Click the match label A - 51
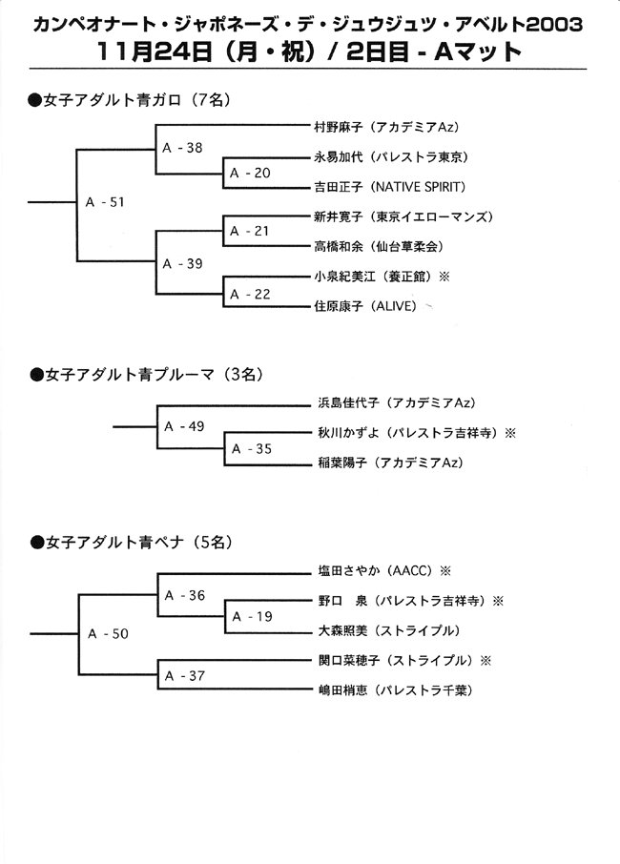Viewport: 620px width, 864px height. click(x=105, y=202)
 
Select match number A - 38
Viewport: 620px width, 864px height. click(x=182, y=148)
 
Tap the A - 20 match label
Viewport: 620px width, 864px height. click(x=250, y=173)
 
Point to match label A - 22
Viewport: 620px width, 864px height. click(x=250, y=295)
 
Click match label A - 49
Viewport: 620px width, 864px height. click(x=184, y=426)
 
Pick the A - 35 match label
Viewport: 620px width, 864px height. click(x=252, y=449)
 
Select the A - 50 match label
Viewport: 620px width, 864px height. click(x=108, y=633)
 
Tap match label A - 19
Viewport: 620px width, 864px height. click(x=252, y=617)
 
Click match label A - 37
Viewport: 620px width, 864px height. click(x=185, y=675)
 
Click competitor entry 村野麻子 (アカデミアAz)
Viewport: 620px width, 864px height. click(x=387, y=127)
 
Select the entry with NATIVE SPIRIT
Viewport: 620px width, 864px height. click(x=390, y=187)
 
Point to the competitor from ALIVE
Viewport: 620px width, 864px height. click(x=366, y=306)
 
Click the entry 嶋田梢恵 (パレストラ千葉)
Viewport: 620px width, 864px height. click(x=396, y=690)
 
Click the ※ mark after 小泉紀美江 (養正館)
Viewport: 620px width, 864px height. click(x=444, y=277)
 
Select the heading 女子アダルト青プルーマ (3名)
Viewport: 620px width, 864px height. click(x=147, y=375)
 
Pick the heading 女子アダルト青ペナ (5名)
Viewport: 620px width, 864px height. click(x=132, y=543)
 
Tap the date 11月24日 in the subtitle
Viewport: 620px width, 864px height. click(x=155, y=51)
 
